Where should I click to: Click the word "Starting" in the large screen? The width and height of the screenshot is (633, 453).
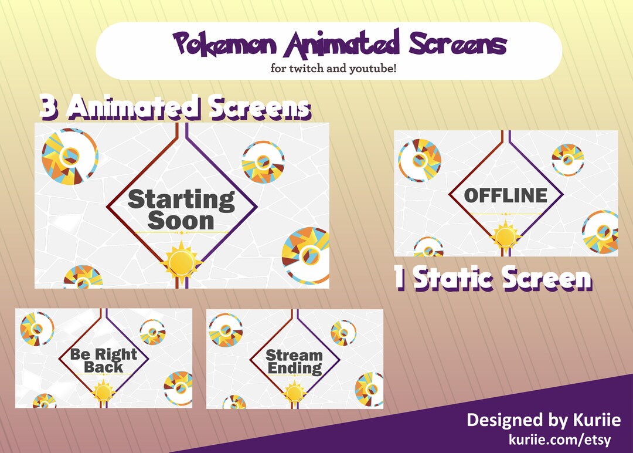(181, 200)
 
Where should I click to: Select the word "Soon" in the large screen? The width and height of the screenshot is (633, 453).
(181, 222)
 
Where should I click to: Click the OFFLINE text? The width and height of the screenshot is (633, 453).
(505, 195)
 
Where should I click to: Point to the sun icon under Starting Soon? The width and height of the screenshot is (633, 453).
(182, 260)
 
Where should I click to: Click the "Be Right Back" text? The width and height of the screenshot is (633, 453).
(103, 360)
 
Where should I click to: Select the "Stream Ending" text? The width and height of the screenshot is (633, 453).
(294, 361)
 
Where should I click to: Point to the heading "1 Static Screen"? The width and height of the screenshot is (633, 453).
(493, 279)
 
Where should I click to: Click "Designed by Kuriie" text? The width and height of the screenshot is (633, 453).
(543, 420)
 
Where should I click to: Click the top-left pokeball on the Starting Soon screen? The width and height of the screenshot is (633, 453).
(69, 154)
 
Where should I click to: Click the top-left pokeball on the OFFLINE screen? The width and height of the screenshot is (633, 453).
(419, 160)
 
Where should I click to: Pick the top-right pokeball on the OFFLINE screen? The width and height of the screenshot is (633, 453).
(567, 159)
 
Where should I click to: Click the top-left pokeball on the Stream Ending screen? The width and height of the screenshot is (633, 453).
(225, 329)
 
